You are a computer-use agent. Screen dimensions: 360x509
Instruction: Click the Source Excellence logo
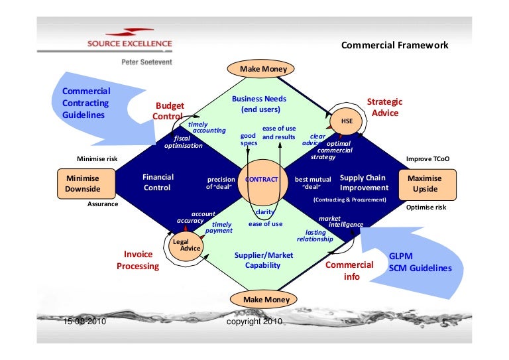[x=130, y=40]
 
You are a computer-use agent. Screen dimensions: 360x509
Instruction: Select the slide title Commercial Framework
[x=394, y=45]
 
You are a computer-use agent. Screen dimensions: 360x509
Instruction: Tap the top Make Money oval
[x=259, y=69]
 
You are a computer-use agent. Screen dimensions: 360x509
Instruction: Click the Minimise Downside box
[x=86, y=184]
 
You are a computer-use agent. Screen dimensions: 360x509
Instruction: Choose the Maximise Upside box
[x=429, y=184]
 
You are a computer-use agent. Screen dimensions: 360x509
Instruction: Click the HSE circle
[x=347, y=122]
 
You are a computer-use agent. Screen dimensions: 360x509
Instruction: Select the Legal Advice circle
[x=186, y=245]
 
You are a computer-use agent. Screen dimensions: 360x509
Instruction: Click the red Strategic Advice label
[x=385, y=107]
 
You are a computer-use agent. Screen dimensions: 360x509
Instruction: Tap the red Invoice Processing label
[x=138, y=260]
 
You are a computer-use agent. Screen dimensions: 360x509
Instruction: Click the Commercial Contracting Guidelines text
[x=86, y=102]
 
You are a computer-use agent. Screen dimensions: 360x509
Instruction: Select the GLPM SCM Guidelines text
[x=420, y=263]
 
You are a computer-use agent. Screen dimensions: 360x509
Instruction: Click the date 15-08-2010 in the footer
[x=85, y=322]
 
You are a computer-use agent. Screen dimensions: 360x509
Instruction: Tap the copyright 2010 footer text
[x=254, y=322]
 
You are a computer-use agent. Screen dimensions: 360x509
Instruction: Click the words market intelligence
[x=341, y=221]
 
